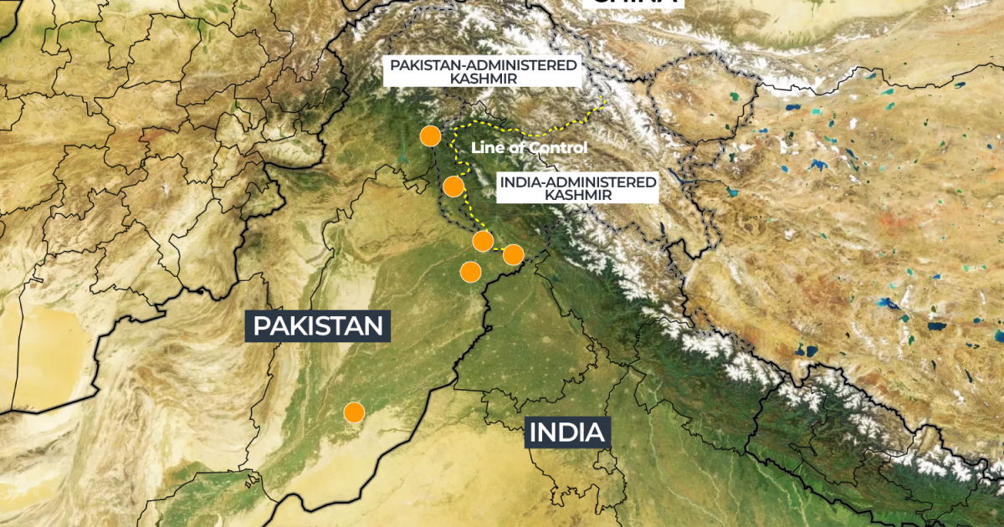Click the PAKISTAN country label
[x=319, y=325]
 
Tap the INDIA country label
[x=566, y=432]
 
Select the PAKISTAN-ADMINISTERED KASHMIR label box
[x=482, y=71]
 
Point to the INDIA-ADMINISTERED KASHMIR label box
[x=577, y=187]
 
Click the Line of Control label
[x=529, y=147]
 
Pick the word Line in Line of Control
[x=485, y=147]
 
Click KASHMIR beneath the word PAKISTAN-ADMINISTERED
[x=482, y=78]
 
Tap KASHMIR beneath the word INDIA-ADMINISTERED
[x=577, y=194]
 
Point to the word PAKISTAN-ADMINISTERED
[x=482, y=64]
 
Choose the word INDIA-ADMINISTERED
[x=577, y=181]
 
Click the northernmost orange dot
[x=430, y=136]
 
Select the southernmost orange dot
[x=354, y=412]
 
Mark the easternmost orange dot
[x=513, y=254]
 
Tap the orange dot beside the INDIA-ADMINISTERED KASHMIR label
[x=453, y=186]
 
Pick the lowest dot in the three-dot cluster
[x=470, y=272]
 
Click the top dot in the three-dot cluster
[x=483, y=241]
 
